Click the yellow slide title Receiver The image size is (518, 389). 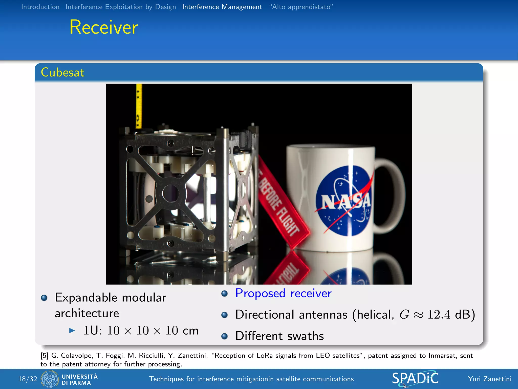coord(104,27)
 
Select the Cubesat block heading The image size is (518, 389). coord(62,72)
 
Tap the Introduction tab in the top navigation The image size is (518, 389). coord(40,7)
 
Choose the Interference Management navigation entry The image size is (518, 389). coord(222,7)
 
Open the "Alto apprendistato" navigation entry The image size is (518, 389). coord(301,7)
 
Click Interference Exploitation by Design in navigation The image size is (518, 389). coord(121,7)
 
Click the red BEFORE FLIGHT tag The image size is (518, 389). coord(281,203)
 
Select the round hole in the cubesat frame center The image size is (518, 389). coord(171,193)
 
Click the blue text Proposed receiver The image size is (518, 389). coord(283,293)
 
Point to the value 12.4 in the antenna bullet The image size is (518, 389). coord(439,315)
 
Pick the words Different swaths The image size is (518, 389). coord(279,336)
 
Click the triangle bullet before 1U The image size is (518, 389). coord(72,330)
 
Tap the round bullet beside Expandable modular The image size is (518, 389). coord(44,298)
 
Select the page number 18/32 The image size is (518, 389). coord(28,379)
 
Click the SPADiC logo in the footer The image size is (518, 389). coord(415,379)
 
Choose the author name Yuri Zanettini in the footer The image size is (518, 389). coord(489,379)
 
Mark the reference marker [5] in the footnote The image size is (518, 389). coord(44,356)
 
